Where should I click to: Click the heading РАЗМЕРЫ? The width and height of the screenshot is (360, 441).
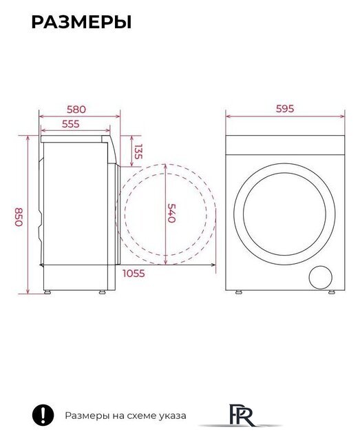(x=81, y=22)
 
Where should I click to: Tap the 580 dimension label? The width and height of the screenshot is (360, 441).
(x=76, y=110)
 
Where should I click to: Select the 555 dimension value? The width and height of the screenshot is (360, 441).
(x=70, y=124)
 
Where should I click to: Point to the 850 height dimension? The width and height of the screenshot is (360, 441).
(x=19, y=217)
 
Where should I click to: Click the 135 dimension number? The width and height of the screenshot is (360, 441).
(x=138, y=152)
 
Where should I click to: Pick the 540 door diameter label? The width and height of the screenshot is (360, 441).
(x=171, y=213)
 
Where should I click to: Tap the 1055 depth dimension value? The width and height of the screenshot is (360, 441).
(x=134, y=274)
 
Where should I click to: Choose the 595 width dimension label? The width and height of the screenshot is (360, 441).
(x=285, y=109)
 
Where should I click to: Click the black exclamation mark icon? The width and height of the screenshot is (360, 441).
(x=43, y=415)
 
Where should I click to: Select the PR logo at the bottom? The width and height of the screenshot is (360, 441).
(x=241, y=415)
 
